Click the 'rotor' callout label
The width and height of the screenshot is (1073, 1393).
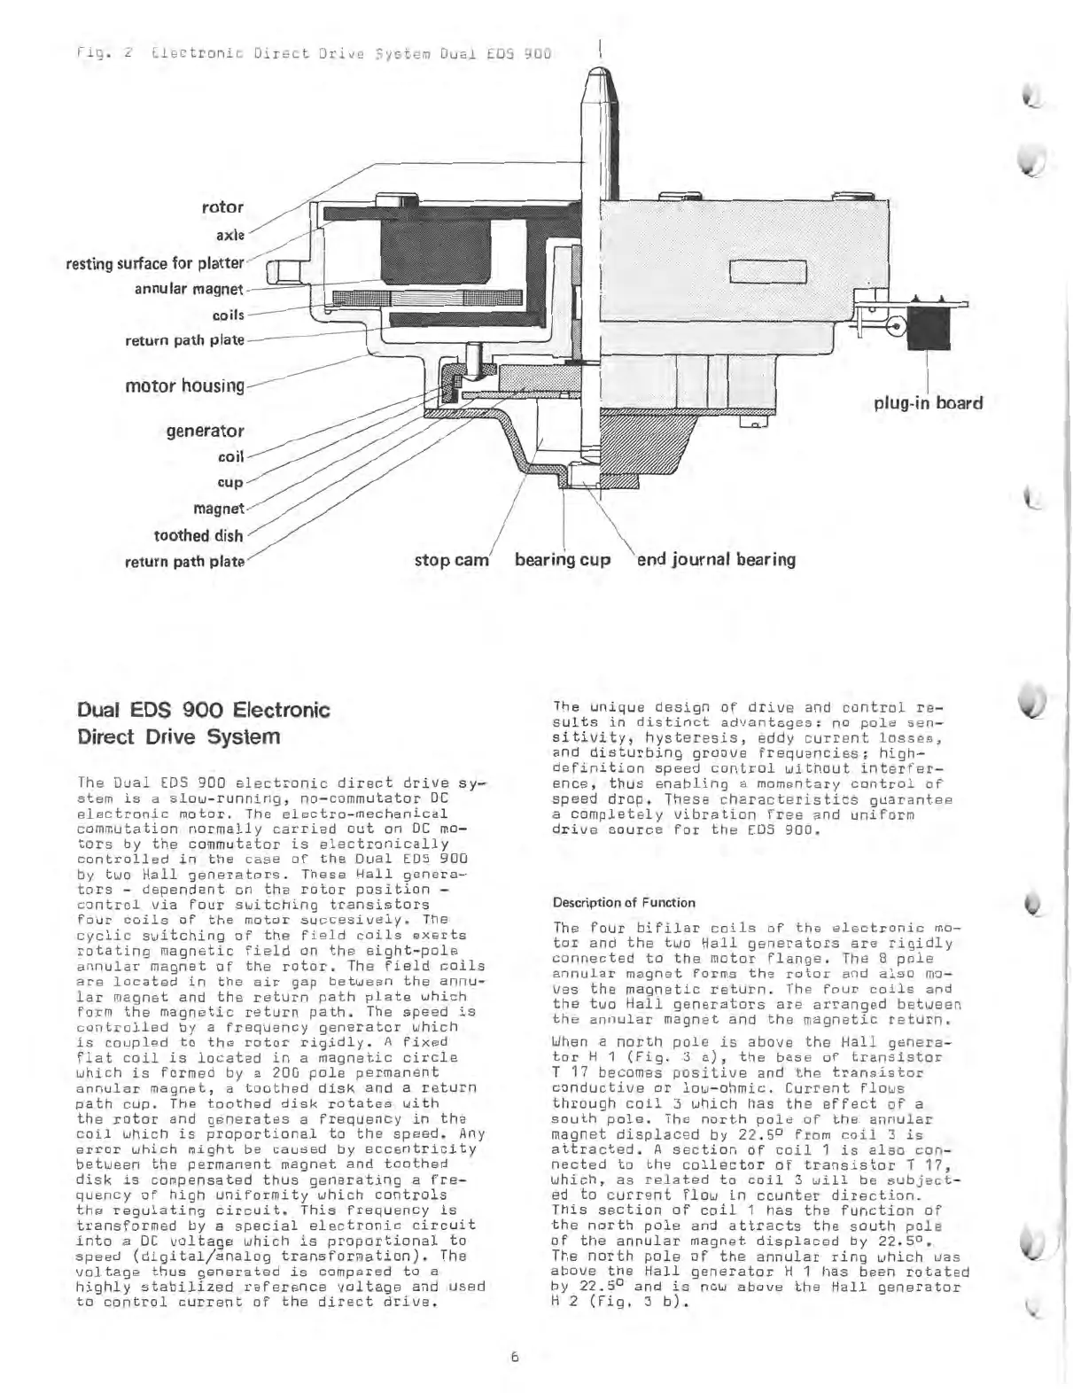222,206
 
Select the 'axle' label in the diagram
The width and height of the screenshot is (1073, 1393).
229,236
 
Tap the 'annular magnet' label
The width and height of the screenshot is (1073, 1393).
188,289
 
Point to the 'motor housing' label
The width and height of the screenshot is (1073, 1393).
184,385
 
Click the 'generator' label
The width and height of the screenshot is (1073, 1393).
205,431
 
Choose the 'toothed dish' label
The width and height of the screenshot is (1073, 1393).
198,535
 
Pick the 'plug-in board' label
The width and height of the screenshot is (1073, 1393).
928,403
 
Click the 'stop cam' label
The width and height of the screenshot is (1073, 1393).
452,560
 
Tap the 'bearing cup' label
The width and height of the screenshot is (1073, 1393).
563,560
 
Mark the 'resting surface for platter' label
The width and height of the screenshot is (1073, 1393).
155,263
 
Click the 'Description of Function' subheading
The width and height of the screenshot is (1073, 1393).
624,902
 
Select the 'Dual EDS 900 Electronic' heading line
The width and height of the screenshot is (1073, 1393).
204,710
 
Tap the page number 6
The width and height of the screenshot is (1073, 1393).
514,1356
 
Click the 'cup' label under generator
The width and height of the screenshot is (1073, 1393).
230,482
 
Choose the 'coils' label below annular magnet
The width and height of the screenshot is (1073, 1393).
228,315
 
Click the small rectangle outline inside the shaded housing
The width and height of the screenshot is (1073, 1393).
767,271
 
